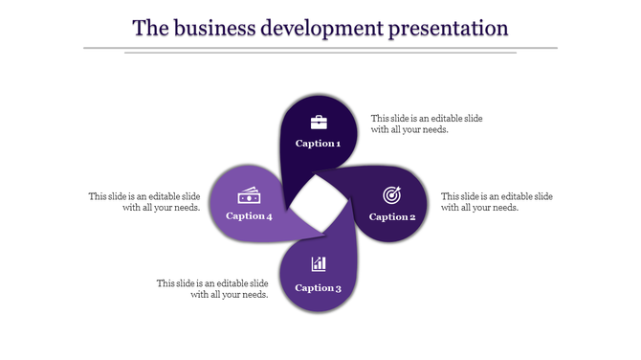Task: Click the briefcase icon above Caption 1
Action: [319, 122]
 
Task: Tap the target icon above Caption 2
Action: [392, 195]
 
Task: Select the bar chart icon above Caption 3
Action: [319, 264]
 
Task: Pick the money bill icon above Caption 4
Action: [250, 195]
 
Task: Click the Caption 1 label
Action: [318, 144]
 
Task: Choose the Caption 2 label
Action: [392, 216]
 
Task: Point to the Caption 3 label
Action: [318, 287]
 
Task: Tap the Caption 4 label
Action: [249, 216]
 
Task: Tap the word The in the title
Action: [149, 28]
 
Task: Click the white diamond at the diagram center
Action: [317, 204]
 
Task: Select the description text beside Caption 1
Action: [426, 124]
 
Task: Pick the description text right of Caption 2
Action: [497, 202]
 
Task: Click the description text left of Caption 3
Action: [212, 289]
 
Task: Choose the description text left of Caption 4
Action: [144, 202]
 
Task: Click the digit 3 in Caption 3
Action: [338, 287]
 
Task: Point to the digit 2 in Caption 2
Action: [412, 216]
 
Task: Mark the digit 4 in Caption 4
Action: [269, 216]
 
